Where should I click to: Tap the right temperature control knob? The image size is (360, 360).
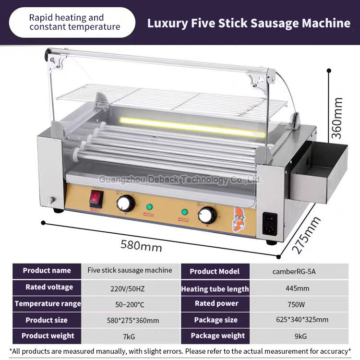[x=207, y=215]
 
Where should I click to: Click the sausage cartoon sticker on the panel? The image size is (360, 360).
[x=238, y=219]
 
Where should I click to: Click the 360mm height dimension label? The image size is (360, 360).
[x=339, y=118]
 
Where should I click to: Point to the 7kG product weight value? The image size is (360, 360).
[x=129, y=336]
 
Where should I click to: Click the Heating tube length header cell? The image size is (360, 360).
[x=215, y=288]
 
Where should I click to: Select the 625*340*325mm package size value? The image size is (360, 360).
[x=298, y=320]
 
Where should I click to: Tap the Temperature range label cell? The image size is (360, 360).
[x=47, y=304]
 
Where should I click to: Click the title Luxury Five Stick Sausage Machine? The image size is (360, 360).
[x=248, y=23]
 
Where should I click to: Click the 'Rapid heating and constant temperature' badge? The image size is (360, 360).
[x=72, y=22]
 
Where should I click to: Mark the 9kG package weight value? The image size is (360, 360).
[x=298, y=336]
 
